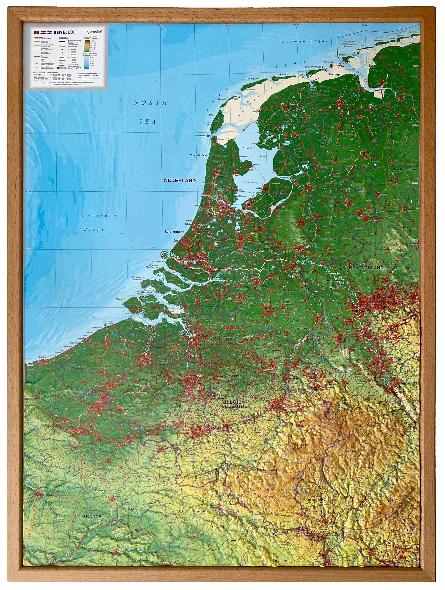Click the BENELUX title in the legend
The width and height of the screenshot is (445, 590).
coord(64,32)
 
